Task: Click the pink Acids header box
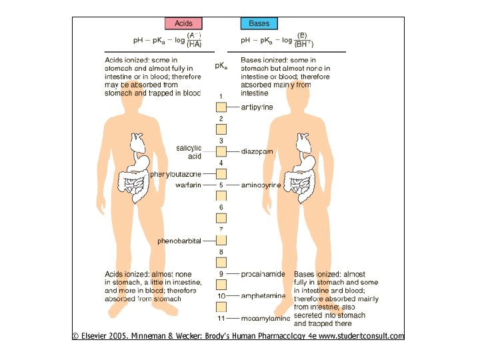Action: coord(183,23)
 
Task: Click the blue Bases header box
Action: coord(259,23)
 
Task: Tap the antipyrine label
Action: coord(257,107)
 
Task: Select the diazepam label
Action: coord(257,151)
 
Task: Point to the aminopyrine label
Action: coord(261,185)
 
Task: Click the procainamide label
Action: coord(263,274)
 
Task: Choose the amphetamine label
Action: coord(263,295)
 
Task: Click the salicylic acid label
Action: coord(189,151)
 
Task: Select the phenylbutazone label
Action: coord(175,174)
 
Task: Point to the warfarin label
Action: coord(188,185)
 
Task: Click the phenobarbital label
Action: coord(179,241)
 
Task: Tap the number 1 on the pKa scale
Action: coord(221,97)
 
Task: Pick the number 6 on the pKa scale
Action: coord(221,208)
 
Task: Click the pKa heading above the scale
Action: coord(221,66)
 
